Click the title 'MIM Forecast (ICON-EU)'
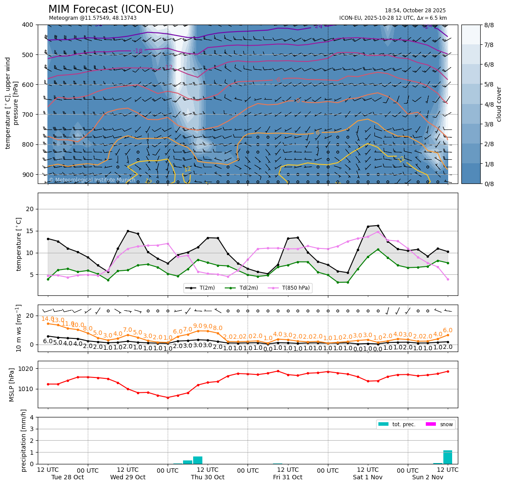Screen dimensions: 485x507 111,9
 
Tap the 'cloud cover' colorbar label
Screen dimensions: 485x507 499,104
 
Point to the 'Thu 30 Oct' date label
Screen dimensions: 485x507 208,477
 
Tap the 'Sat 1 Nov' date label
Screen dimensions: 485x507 368,477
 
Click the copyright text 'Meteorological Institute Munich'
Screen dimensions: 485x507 92,180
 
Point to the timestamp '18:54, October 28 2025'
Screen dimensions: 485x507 415,11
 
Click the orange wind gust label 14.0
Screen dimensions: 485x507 47,319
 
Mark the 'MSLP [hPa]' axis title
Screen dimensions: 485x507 12,385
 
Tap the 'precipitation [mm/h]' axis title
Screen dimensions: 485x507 24,440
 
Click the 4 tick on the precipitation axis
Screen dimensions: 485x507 32,417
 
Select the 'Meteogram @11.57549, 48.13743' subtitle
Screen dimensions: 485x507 93,18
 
